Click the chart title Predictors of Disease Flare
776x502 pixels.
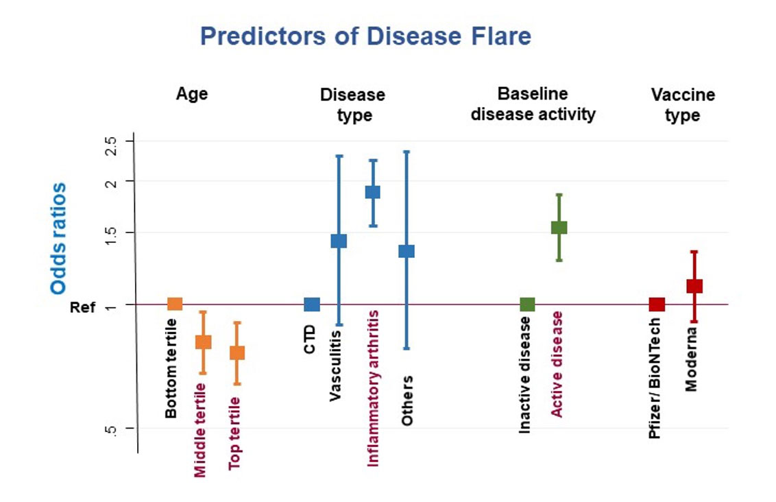pos(365,36)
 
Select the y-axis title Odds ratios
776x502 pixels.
pos(60,238)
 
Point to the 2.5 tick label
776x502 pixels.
pos(112,146)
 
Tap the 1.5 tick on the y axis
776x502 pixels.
pos(112,232)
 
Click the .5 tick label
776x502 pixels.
pos(112,430)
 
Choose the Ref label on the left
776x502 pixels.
pos(82,307)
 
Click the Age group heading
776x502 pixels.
pos(192,94)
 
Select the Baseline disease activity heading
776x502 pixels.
pos(533,104)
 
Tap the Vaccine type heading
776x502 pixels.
pos(683,105)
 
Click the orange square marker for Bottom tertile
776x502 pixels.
pos(175,304)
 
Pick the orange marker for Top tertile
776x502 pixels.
pos(237,352)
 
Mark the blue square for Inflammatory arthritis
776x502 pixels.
pos(372,192)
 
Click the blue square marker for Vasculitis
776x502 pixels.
pos(339,241)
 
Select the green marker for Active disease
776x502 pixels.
pos(559,228)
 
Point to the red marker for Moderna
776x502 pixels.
pos(694,286)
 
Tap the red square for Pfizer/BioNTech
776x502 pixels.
pos(657,304)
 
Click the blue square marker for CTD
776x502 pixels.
pos(312,304)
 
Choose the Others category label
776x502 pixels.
pos(408,401)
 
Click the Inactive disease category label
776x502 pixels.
pos(525,374)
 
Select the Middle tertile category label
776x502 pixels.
pos(201,430)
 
